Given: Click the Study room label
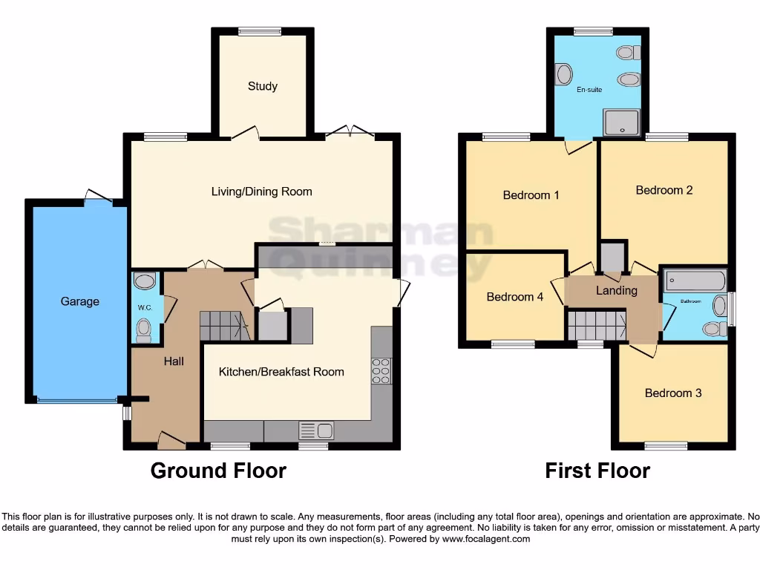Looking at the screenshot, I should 263,86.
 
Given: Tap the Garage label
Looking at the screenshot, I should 80,301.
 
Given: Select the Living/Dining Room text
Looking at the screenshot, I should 261,191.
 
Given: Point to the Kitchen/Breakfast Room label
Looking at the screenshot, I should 281,371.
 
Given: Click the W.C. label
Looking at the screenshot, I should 143,307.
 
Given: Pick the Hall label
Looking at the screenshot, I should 174,361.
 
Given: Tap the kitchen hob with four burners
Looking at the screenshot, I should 381,370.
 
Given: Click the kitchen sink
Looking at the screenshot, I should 316,430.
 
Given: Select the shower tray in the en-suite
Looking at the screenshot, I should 621,122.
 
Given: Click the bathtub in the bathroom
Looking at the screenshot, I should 695,281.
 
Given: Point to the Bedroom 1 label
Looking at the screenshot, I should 531,195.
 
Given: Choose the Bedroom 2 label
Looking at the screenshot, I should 664,190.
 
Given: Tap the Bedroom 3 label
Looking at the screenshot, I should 673,393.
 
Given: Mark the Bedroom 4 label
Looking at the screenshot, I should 514,297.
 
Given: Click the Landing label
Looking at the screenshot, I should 616,290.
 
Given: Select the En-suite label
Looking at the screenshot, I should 589,90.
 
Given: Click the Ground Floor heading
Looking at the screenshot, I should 218,471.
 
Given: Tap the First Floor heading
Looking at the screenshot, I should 597,471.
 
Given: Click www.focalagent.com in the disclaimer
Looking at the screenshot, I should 485,540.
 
